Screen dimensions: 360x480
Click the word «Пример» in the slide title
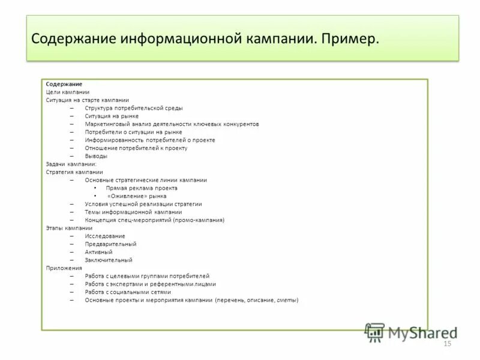click(350, 39)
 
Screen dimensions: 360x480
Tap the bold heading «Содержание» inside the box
click(64, 84)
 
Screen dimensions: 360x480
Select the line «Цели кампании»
click(68, 92)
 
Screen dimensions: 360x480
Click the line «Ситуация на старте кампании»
click(87, 100)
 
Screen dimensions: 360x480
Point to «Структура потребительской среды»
click(134, 108)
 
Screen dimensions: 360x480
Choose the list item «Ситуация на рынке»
click(112, 116)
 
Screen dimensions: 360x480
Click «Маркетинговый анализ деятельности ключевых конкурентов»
click(172, 124)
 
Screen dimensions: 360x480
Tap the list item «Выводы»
click(96, 156)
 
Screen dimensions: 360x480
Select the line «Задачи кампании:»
click(71, 164)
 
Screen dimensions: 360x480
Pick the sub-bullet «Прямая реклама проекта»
click(142, 188)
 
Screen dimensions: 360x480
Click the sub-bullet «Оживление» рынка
click(136, 196)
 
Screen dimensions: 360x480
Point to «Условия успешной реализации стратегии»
click(143, 204)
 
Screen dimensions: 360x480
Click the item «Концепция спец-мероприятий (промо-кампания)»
click(154, 220)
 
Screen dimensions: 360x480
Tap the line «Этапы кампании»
click(69, 228)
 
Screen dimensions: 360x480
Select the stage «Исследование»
click(105, 236)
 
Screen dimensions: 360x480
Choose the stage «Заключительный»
click(109, 260)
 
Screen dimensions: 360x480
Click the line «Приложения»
click(63, 268)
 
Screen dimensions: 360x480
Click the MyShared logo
click(411, 332)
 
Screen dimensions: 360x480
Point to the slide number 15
click(446, 344)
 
